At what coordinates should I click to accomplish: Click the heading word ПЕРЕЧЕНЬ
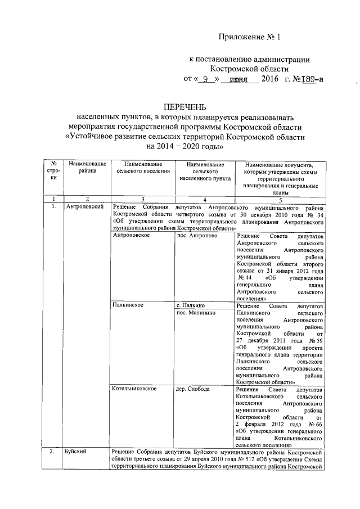coord(185,106)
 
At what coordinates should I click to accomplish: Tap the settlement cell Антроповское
coord(130,236)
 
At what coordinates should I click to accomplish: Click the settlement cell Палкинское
coord(128,305)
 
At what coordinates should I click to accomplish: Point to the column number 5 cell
coord(280,199)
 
